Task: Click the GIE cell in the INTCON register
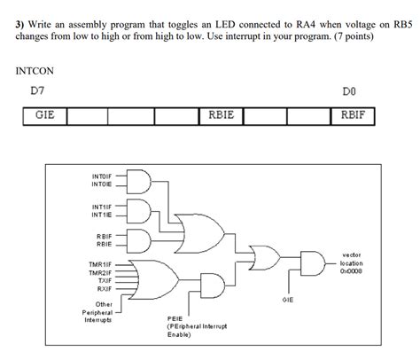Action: point(44,115)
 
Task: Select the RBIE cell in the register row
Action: point(221,115)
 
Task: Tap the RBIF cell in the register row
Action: point(353,115)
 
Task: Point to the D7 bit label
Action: point(37,91)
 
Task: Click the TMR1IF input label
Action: point(97,263)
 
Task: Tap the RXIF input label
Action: point(103,288)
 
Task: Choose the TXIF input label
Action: point(103,280)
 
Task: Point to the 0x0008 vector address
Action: point(354,270)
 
